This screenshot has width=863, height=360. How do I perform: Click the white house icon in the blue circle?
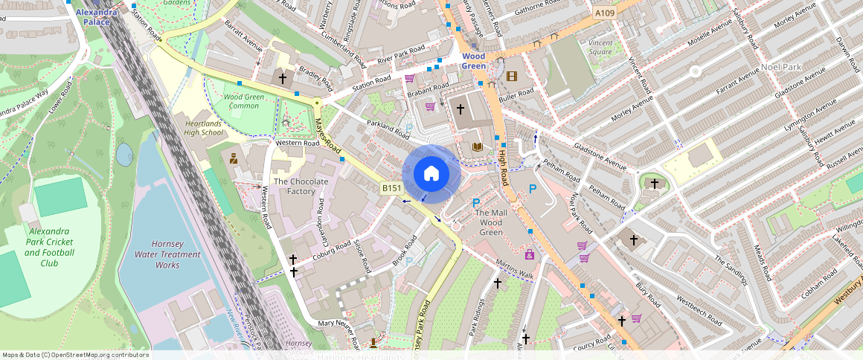click(x=431, y=174)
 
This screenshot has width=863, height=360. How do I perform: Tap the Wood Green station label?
click(x=473, y=61)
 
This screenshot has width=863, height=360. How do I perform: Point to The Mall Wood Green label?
click(x=491, y=222)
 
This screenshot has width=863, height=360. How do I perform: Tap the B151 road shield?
click(x=392, y=188)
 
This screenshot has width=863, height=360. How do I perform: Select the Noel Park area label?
click(x=781, y=67)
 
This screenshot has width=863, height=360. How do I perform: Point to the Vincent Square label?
click(x=600, y=48)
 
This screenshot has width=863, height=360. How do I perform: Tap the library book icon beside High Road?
click(x=477, y=147)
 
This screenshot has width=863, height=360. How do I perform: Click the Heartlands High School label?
click(x=204, y=128)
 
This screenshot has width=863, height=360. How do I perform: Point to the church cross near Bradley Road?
click(x=282, y=77)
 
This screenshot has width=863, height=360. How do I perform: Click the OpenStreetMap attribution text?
click(x=75, y=355)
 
